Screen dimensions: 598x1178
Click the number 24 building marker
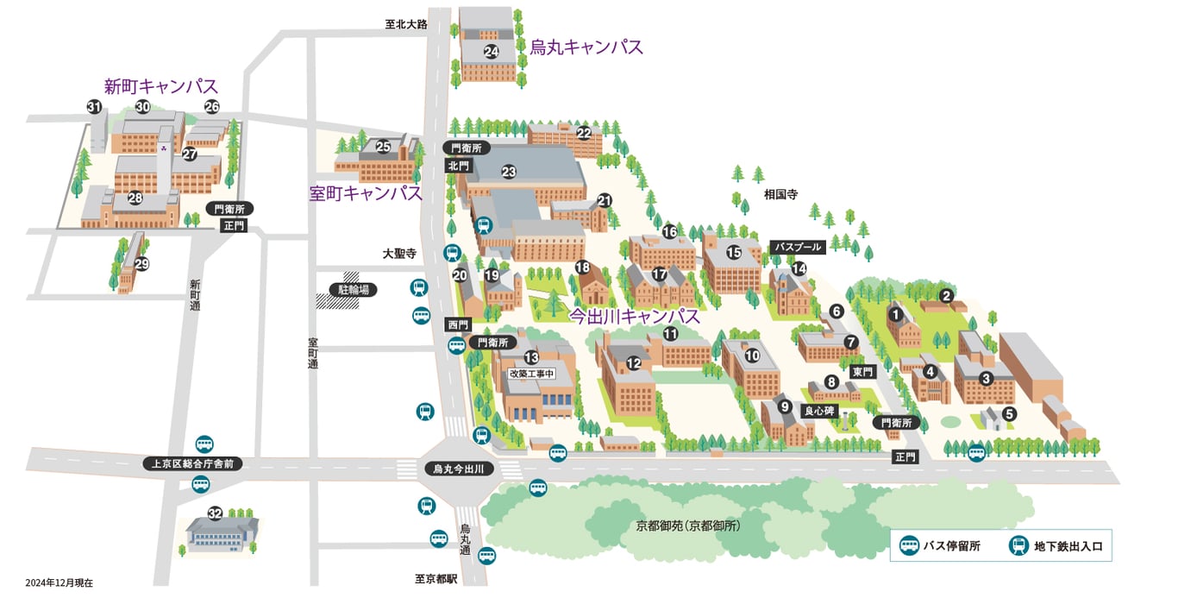click(x=492, y=51)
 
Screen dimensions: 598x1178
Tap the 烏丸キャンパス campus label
click(x=586, y=47)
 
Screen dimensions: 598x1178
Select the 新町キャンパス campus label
click(x=160, y=86)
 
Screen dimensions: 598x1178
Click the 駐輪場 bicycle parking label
click(x=354, y=290)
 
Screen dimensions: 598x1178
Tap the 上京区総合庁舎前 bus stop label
click(x=193, y=463)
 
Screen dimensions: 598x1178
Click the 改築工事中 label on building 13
click(x=531, y=374)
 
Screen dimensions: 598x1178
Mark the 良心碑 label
click(x=819, y=411)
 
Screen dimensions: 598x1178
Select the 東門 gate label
click(x=862, y=372)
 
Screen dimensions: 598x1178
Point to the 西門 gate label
click(x=458, y=324)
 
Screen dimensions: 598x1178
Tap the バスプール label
click(x=798, y=247)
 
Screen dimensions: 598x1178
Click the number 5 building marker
click(x=1010, y=413)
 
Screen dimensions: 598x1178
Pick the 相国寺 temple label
click(x=780, y=195)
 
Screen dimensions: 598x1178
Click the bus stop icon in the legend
click(x=909, y=545)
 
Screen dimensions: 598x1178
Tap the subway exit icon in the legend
click(x=1018, y=545)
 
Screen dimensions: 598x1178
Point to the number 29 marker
click(x=141, y=264)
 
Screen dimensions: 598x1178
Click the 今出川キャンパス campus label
click(x=634, y=316)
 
